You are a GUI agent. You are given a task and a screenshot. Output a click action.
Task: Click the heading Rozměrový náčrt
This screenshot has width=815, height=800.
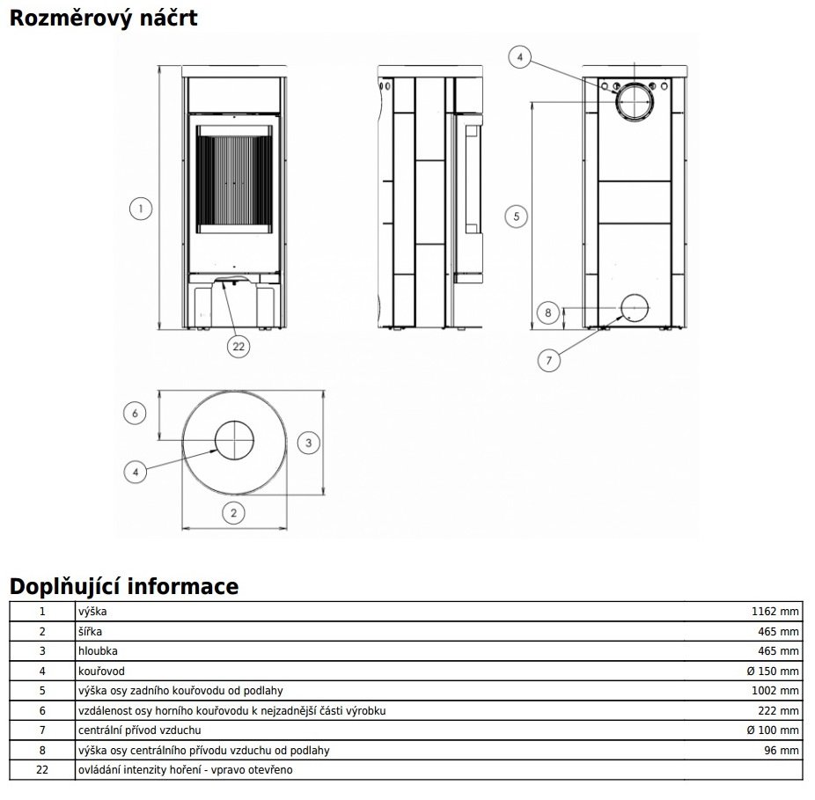point(103,18)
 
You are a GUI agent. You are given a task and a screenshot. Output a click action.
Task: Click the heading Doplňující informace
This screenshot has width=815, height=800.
point(123,586)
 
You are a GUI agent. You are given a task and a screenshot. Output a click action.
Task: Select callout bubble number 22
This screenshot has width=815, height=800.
point(238,346)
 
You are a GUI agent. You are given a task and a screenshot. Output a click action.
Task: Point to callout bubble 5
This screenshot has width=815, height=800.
point(518,215)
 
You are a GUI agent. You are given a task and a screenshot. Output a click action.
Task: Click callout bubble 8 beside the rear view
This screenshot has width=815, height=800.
point(547,312)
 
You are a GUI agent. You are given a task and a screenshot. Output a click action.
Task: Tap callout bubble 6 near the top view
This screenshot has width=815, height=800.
point(135,413)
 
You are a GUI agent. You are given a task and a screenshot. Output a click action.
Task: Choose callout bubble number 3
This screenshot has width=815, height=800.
point(308,443)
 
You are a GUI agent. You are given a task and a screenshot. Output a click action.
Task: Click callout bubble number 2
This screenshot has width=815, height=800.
point(233,512)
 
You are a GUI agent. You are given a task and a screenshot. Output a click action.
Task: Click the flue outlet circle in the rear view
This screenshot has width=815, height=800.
point(633,102)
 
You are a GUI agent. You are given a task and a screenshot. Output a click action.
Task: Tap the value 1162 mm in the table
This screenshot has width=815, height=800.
point(775,611)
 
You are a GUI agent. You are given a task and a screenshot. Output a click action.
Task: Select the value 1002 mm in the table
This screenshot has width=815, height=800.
point(775,691)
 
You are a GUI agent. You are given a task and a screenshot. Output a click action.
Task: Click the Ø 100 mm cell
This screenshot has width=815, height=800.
point(772,730)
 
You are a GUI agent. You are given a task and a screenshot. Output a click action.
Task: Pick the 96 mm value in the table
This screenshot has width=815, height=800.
point(782,751)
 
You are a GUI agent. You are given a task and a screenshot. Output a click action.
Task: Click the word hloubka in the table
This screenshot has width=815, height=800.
point(97,651)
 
